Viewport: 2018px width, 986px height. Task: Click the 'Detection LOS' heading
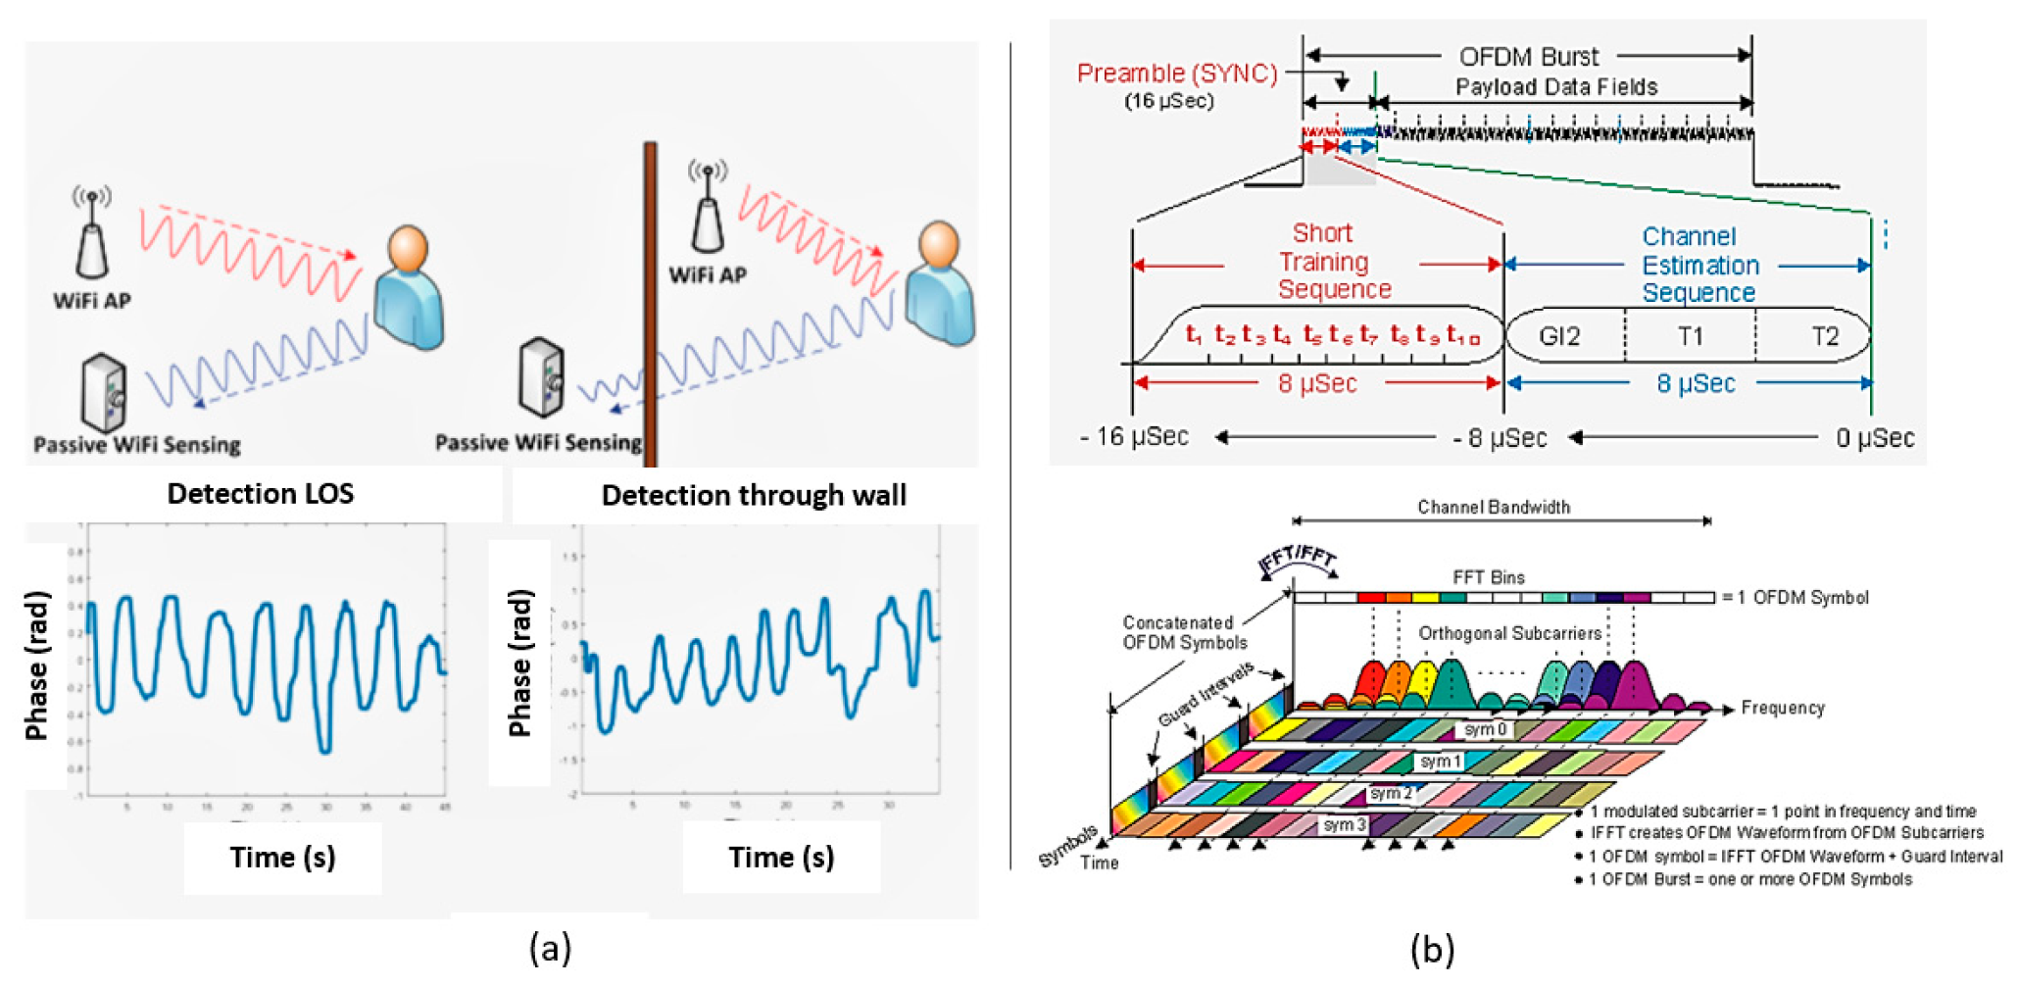tap(260, 493)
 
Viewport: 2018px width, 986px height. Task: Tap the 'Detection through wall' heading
tap(753, 495)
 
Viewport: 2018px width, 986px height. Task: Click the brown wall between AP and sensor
tap(650, 294)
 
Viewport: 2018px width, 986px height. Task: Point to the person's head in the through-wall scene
tap(938, 246)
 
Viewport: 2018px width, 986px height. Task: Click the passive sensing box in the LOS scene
tap(104, 393)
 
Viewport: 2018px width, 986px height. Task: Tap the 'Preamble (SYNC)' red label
tap(1176, 74)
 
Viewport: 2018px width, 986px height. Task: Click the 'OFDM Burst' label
tap(1528, 57)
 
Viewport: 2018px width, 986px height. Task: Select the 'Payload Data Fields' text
tap(1555, 87)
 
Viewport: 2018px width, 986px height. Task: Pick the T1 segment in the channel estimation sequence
tap(1690, 337)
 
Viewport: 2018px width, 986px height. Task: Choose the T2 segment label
tap(1824, 337)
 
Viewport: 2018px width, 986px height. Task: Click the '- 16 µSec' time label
tap(1134, 437)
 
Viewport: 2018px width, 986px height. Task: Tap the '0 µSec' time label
tap(1874, 438)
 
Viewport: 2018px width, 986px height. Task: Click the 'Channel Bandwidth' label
tap(1493, 507)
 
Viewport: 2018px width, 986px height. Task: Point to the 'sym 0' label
tap(1484, 729)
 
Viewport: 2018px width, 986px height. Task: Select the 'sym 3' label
tap(1344, 825)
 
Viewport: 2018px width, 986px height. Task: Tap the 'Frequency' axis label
tap(1782, 708)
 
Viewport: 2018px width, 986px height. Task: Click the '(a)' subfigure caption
tap(550, 948)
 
